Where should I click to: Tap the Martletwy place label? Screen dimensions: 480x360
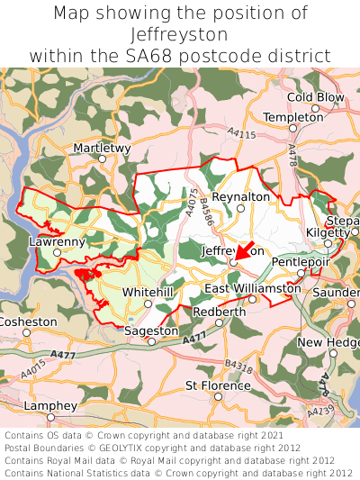pyautogui.click(x=102, y=147)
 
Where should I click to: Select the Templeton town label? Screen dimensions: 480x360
pyautogui.click(x=293, y=117)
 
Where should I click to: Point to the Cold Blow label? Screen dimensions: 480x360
pyautogui.click(x=316, y=97)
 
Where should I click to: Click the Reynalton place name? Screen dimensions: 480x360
pyautogui.click(x=240, y=196)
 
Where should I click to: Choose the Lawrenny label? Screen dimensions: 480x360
pyautogui.click(x=57, y=241)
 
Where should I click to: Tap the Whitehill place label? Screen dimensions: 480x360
pyautogui.click(x=148, y=293)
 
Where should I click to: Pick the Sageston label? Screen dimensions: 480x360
pyautogui.click(x=151, y=331)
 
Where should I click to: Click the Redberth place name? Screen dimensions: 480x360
pyautogui.click(x=219, y=312)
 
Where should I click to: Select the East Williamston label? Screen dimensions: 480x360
pyautogui.click(x=253, y=288)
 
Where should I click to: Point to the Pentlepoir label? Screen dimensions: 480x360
pyautogui.click(x=301, y=262)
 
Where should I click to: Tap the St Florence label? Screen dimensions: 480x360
pyautogui.click(x=218, y=385)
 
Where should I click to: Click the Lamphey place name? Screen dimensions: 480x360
pyautogui.click(x=50, y=406)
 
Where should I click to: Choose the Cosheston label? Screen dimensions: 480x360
pyautogui.click(x=28, y=322)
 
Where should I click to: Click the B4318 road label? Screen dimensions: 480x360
pyautogui.click(x=238, y=366)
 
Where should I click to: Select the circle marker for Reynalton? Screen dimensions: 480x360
pyautogui.click(x=240, y=209)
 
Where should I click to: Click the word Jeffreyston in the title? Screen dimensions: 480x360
pyautogui.click(x=180, y=35)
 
